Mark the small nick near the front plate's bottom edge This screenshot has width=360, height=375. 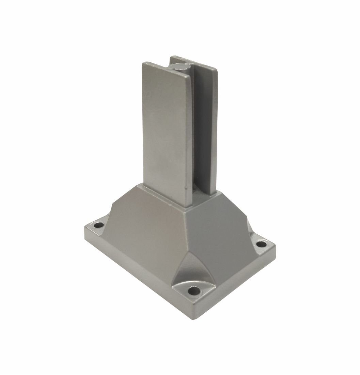point(186,187)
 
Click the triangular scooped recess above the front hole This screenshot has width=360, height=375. point(193,269)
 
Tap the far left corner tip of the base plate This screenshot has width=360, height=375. point(84,228)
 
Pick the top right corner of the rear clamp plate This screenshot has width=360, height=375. point(217,71)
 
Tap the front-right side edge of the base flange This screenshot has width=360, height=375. point(238,284)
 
